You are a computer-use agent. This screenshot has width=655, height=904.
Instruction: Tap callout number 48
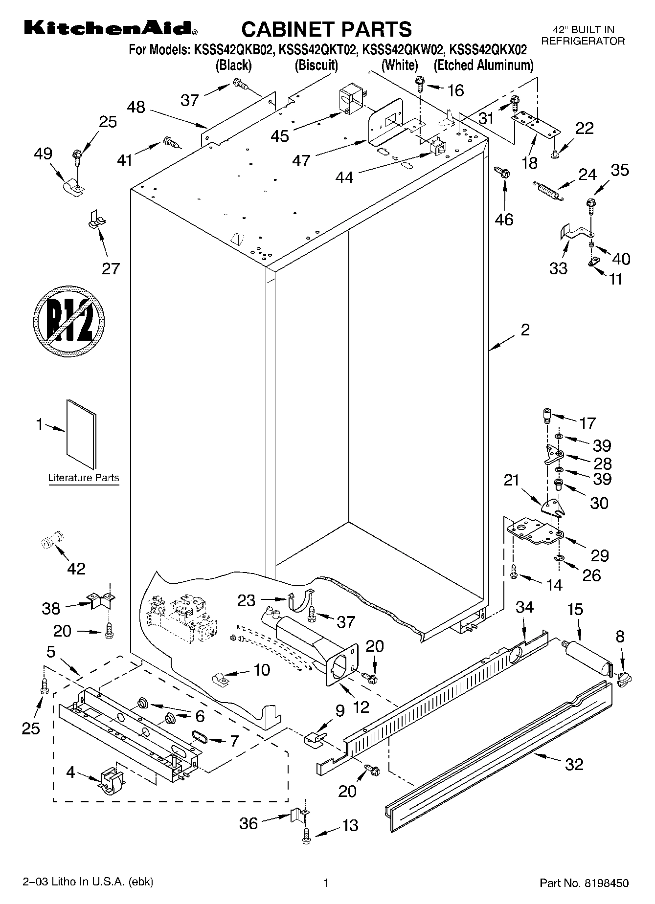(x=136, y=107)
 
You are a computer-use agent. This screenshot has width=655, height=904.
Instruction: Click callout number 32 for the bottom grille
(x=574, y=764)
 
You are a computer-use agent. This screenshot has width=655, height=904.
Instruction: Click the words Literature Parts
(x=84, y=478)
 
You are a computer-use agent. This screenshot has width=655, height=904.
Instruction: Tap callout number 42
(x=76, y=568)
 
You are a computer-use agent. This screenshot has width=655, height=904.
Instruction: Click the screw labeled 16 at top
(x=420, y=83)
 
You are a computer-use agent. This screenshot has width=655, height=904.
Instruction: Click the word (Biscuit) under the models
(x=316, y=65)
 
